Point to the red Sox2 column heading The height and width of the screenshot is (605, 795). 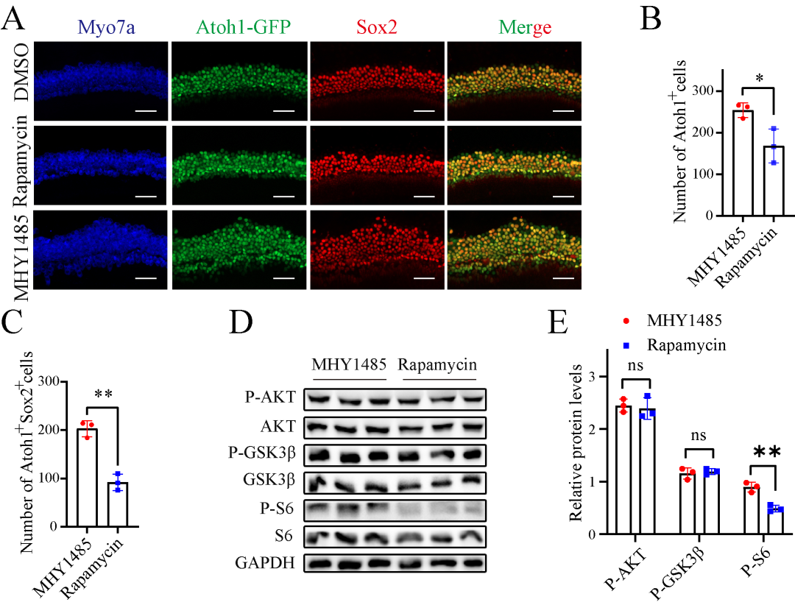[x=377, y=27]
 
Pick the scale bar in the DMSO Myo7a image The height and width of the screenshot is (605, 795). [x=147, y=111]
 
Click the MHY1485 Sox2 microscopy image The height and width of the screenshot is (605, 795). [x=377, y=250]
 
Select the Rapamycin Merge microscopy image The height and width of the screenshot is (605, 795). [x=514, y=166]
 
